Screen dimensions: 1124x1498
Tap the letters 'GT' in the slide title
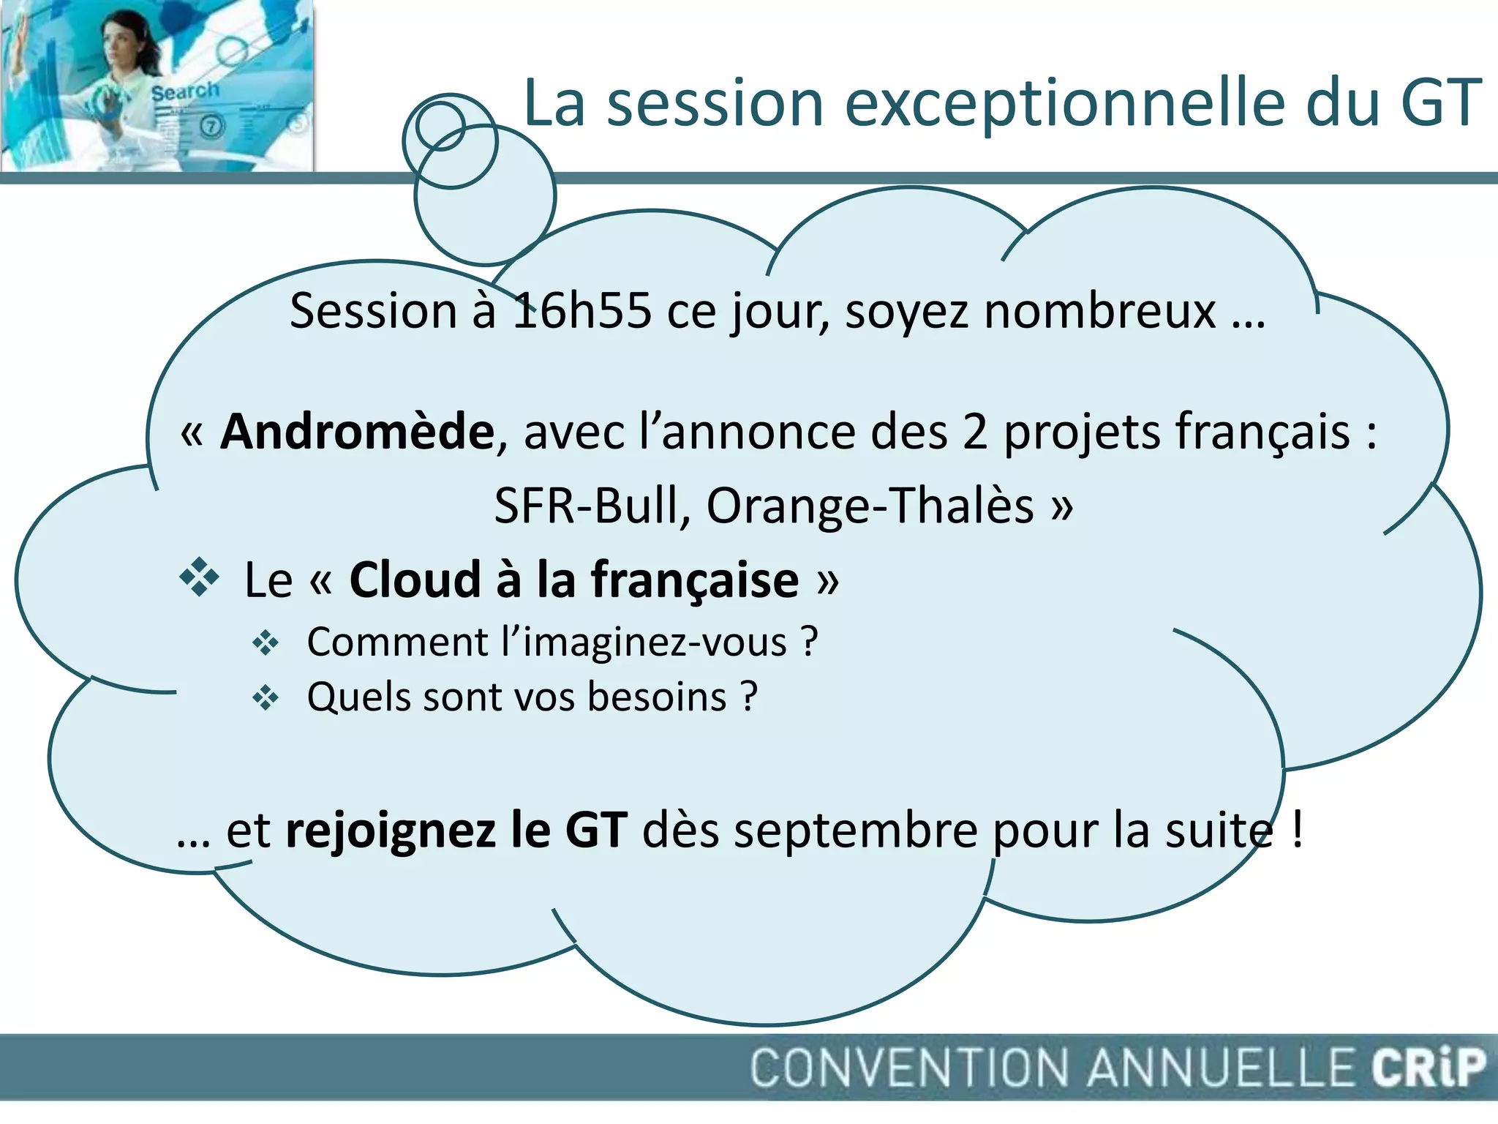(1440, 104)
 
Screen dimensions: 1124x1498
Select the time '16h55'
(581, 311)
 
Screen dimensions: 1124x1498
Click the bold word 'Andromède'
(358, 432)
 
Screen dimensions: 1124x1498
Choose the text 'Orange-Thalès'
(870, 506)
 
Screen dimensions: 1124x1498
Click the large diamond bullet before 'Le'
(199, 577)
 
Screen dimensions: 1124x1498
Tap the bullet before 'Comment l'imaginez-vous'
(265, 643)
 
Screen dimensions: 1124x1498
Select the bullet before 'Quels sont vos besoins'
(265, 698)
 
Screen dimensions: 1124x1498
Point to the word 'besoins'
(657, 697)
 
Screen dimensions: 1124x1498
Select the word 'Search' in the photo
(185, 92)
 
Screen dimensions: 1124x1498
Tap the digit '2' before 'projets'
(974, 432)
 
